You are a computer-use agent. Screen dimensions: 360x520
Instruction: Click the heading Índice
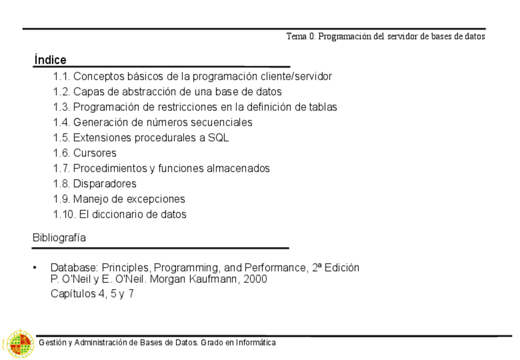point(50,60)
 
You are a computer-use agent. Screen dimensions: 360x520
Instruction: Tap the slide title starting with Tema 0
point(386,36)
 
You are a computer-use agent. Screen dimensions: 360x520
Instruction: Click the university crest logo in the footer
point(18,343)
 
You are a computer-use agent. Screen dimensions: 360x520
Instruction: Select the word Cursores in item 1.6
point(94,153)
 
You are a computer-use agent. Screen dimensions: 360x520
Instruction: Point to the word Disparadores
point(105,184)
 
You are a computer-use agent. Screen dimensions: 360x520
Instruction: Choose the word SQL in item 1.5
point(218,138)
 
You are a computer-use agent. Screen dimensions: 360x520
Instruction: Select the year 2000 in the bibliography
point(254,279)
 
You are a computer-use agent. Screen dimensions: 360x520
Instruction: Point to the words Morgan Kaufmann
point(205,279)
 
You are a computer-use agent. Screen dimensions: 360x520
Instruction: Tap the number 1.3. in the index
point(62,107)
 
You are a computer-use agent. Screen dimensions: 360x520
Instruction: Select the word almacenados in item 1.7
point(237,169)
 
